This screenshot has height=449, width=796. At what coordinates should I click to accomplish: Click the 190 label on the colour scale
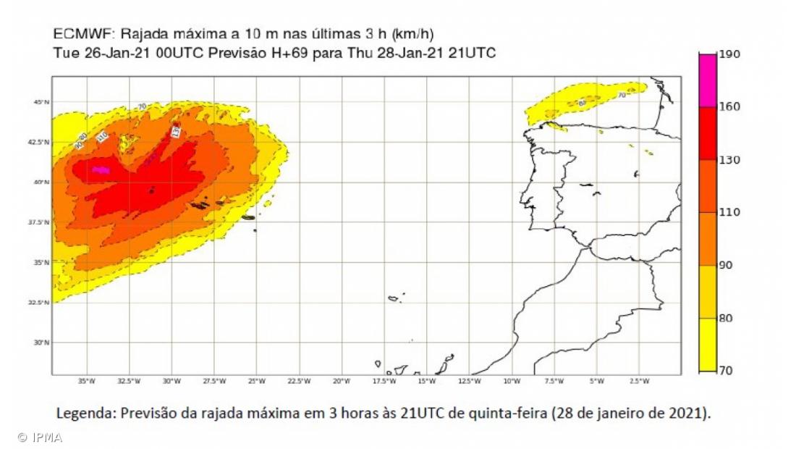(x=729, y=54)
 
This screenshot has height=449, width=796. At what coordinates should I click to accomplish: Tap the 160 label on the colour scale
(x=729, y=106)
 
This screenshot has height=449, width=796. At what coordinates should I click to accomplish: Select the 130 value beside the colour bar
(x=729, y=159)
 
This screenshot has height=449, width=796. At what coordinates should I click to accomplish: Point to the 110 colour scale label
(x=729, y=212)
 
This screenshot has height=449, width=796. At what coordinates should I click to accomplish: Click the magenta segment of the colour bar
(x=707, y=80)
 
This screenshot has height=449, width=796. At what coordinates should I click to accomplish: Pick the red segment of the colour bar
(x=707, y=133)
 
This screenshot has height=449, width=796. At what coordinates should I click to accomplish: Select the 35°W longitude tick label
(x=86, y=381)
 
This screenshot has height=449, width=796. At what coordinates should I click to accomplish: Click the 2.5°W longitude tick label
(x=639, y=381)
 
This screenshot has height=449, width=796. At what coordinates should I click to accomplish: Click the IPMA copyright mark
(x=41, y=437)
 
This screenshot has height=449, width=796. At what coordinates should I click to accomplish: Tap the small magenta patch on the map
(x=101, y=170)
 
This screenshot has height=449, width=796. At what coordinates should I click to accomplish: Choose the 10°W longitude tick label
(x=512, y=381)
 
